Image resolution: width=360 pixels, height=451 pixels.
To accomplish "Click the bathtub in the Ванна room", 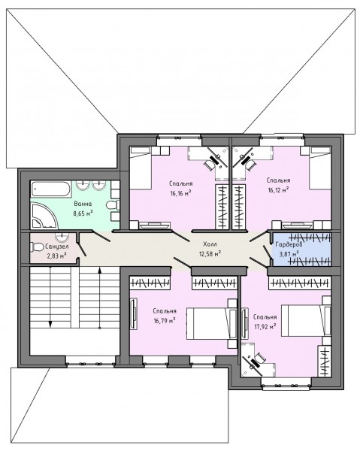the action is [x=50, y=189].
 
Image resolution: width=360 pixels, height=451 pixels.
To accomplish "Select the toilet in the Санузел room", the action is [x=37, y=247].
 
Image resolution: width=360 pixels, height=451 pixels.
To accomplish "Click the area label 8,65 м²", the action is [x=83, y=213].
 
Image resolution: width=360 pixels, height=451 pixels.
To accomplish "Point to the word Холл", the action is [x=210, y=244].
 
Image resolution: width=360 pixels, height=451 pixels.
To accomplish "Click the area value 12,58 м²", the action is [x=210, y=253].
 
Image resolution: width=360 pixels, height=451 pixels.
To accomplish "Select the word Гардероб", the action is [x=289, y=245].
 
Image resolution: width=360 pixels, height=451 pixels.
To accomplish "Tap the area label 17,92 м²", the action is [x=265, y=326].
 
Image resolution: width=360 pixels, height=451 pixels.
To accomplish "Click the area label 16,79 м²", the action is [x=165, y=320].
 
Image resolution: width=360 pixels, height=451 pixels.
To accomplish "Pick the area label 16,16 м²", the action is [x=181, y=192].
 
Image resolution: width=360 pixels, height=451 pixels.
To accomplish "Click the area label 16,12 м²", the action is [x=278, y=190].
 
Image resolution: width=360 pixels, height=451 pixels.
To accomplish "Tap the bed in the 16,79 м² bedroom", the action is [x=212, y=323].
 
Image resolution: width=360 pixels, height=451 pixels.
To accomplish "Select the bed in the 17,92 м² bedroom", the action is [x=306, y=320].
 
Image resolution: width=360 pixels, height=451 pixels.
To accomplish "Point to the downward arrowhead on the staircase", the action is [x=50, y=324].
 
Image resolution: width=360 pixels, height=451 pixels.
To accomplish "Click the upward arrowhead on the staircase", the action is [x=99, y=271].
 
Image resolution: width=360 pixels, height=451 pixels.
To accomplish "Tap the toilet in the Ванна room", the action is [x=113, y=205].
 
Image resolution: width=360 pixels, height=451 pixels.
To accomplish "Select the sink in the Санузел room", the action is [x=62, y=238].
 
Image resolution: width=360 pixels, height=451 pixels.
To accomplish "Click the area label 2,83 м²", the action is [x=57, y=256].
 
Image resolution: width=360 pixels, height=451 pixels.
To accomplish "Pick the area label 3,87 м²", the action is [x=289, y=254].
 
